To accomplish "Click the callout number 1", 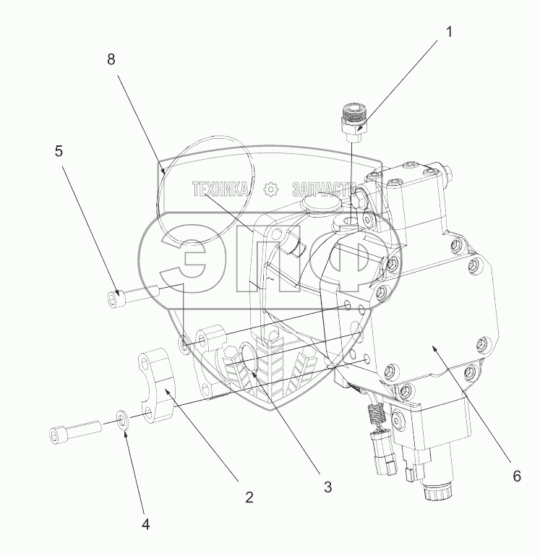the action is click(449, 33).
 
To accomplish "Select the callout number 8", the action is click(111, 59).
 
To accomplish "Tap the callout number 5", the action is click(59, 151).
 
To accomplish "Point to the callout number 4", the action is click(145, 524).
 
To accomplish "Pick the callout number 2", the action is click(249, 497).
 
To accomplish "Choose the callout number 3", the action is click(328, 487).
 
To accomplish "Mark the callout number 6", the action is click(517, 476).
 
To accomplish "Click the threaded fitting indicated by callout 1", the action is click(354, 122).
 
